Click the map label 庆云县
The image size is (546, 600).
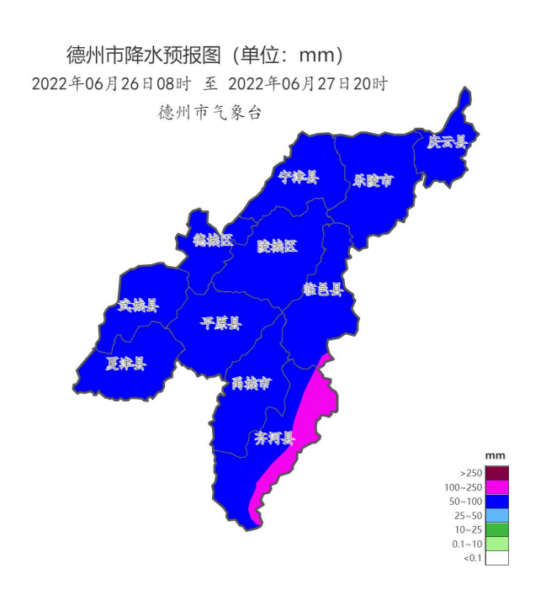click(x=446, y=142)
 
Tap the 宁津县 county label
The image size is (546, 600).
click(x=299, y=177)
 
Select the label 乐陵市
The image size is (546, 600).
click(x=373, y=180)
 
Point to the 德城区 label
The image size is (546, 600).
click(x=212, y=241)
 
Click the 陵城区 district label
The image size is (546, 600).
click(x=277, y=246)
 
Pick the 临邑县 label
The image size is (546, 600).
click(x=323, y=289)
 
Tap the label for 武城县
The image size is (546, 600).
click(x=137, y=305)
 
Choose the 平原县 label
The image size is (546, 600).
click(x=221, y=323)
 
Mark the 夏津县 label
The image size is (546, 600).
click(x=125, y=364)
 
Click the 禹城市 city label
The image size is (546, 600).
click(x=252, y=384)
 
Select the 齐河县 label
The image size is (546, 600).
click(x=274, y=438)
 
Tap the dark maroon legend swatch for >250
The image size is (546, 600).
click(x=497, y=473)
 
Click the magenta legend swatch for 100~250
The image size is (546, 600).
click(x=497, y=487)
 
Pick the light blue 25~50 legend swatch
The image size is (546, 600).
click(x=497, y=515)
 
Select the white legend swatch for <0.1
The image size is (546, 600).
click(x=497, y=557)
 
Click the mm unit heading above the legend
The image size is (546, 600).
click(x=496, y=455)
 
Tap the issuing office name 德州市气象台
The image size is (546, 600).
click(x=209, y=112)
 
